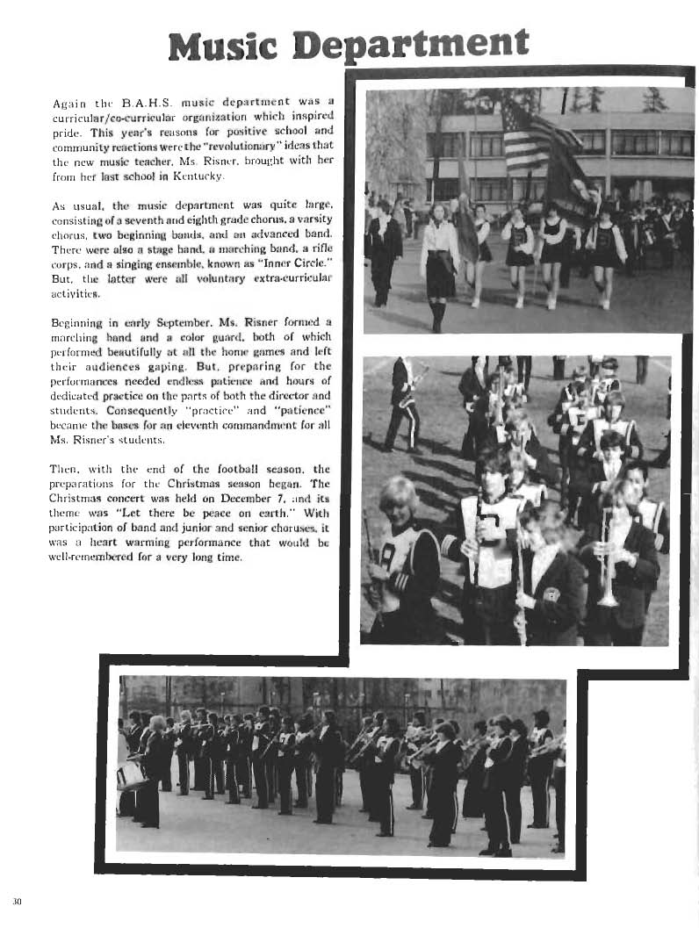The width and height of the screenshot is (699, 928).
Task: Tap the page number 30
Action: (x=17, y=902)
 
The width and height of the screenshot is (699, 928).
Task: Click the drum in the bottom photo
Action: (x=132, y=775)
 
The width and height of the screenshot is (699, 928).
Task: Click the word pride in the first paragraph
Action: (x=66, y=131)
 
